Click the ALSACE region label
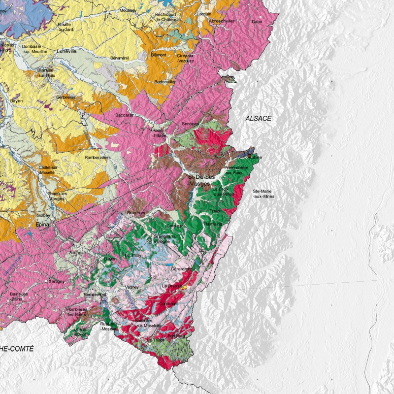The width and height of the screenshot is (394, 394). (x=259, y=119)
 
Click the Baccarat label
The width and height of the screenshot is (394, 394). (x=125, y=115)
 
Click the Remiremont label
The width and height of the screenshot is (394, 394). (x=95, y=295)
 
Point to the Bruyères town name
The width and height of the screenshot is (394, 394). (x=136, y=212)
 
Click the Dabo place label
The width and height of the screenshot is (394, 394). (x=257, y=22)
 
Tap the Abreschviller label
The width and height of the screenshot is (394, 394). (x=222, y=22)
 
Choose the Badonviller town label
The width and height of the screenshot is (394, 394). (x=165, y=82)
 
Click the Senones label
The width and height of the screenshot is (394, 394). (x=190, y=124)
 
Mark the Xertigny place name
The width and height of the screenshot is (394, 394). (x=57, y=281)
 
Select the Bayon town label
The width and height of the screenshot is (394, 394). (x=16, y=101)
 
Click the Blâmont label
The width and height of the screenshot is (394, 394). (x=159, y=55)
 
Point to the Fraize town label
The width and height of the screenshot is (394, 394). (x=215, y=211)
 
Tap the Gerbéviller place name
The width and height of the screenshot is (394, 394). (x=66, y=98)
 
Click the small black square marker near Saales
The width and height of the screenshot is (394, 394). (x=250, y=155)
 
